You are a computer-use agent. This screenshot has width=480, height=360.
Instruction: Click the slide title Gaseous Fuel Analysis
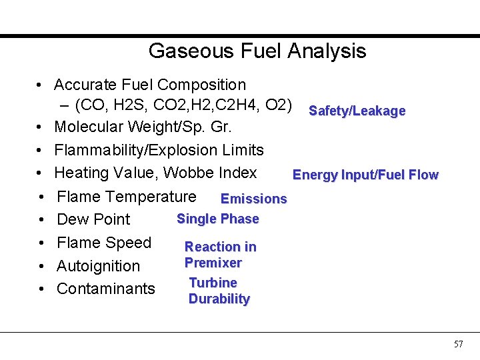point(257,51)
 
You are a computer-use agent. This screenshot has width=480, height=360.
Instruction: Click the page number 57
point(458,344)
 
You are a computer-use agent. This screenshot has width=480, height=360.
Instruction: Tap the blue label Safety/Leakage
point(357,111)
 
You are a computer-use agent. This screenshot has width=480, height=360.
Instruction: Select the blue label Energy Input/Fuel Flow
point(365,175)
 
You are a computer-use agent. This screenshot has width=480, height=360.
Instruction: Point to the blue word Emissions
point(253,199)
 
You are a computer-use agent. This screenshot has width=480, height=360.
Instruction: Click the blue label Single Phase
point(217,219)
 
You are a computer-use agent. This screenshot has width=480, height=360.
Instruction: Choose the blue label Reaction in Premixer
point(220,255)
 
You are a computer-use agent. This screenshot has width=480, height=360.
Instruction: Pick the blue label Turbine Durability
point(219,291)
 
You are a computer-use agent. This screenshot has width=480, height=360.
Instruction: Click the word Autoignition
point(99,266)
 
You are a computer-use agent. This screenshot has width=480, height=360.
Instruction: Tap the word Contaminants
point(106,289)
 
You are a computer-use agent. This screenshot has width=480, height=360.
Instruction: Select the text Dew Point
point(93,219)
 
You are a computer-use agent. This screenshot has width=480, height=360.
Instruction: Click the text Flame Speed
point(104,243)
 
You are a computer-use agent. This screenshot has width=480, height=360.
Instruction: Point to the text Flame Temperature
point(127,197)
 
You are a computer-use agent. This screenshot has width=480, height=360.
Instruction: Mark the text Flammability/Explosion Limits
point(159,150)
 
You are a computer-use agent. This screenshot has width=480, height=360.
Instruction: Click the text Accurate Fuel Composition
point(150,85)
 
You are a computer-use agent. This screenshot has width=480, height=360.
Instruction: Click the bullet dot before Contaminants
point(41,289)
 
